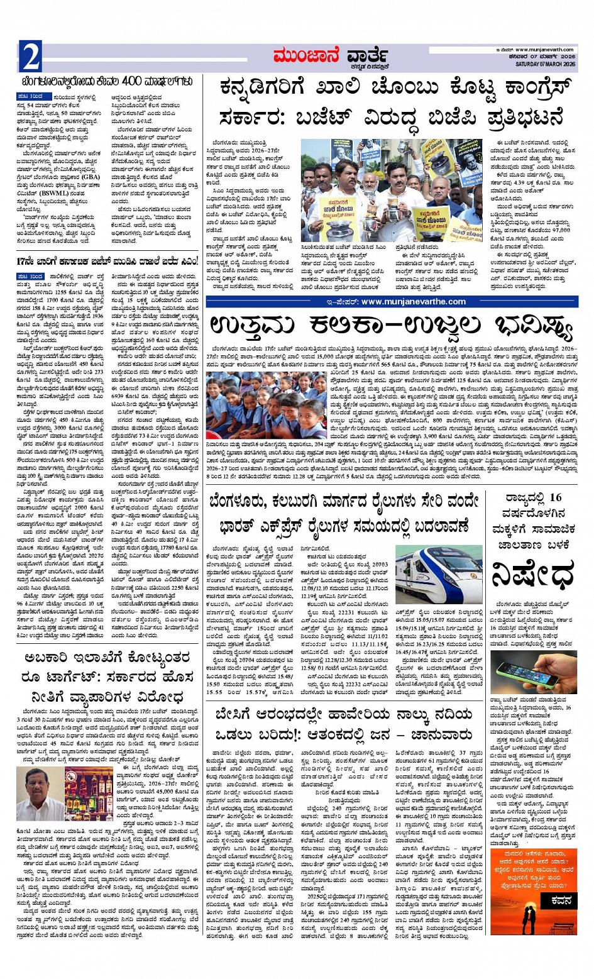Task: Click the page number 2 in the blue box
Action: (30, 57)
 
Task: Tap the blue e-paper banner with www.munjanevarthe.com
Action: (392, 301)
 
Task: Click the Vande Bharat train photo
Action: (439, 575)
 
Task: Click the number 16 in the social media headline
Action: (555, 497)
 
